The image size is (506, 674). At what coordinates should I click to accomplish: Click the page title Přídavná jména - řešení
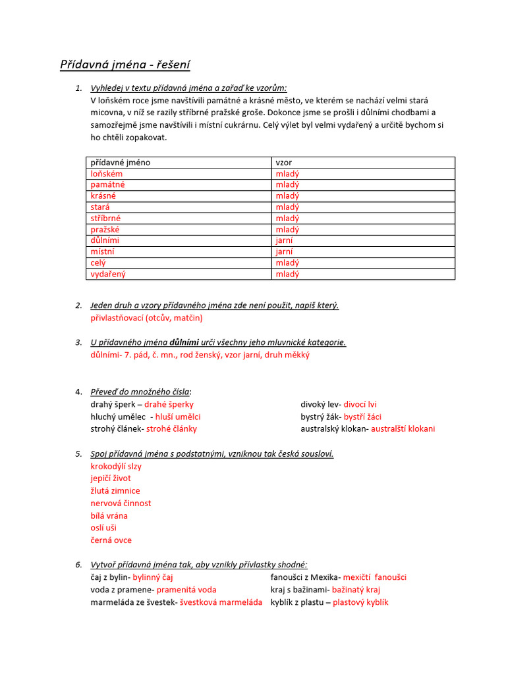coord(125,65)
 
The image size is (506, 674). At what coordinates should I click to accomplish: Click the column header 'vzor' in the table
coord(283,162)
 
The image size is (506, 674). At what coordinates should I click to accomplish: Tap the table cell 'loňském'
coord(107,174)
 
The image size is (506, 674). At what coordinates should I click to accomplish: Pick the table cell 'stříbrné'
coord(105,218)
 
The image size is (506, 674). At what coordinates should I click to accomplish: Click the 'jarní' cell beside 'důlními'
coord(285,240)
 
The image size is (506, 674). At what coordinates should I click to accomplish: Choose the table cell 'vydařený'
coord(108,274)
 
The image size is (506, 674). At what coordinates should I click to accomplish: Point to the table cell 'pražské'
coord(105,230)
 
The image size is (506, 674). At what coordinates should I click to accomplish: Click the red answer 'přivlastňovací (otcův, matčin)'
coord(146,318)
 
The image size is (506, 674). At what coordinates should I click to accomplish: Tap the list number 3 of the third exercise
coord(78,342)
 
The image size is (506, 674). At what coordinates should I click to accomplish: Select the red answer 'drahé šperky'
coord(169,404)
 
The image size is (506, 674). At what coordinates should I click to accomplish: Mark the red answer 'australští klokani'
coord(403,428)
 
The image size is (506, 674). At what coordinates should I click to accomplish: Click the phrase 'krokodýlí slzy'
coord(116,466)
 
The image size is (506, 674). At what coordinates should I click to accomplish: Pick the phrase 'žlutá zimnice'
coord(115,490)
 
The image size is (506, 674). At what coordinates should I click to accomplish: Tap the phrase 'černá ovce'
coord(111,540)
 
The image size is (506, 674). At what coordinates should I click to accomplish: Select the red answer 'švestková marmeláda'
coord(221,602)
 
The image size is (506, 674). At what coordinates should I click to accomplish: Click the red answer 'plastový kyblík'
coord(360,602)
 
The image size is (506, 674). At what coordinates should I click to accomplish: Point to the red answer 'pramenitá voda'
coord(186,590)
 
